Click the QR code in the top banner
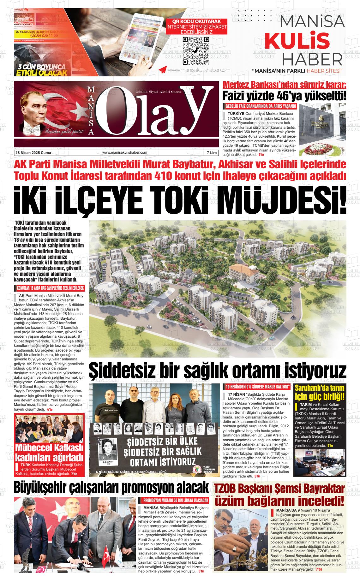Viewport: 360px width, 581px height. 196,50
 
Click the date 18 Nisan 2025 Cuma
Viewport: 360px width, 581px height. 33,153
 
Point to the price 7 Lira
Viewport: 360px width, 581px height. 212,153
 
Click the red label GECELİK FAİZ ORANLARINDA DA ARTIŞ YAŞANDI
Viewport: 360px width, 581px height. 261,106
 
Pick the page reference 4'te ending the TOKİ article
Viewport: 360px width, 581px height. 50,409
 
